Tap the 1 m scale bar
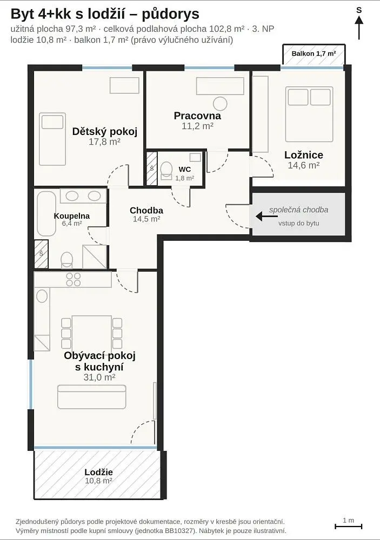(348, 526)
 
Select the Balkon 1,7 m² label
(314, 53)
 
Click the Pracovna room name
(197, 116)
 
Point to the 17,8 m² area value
(104, 141)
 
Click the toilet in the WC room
(166, 171)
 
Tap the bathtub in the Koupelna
(46, 213)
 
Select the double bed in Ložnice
(309, 114)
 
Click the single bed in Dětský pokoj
(52, 139)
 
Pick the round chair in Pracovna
(220, 103)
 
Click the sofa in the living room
(92, 397)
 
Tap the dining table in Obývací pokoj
(92, 332)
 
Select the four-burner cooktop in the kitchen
(74, 279)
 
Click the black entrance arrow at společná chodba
(266, 217)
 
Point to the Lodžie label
(98, 472)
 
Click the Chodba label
(146, 210)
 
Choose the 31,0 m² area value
(99, 377)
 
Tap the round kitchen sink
(42, 296)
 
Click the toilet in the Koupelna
(67, 260)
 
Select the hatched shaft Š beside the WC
(152, 168)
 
